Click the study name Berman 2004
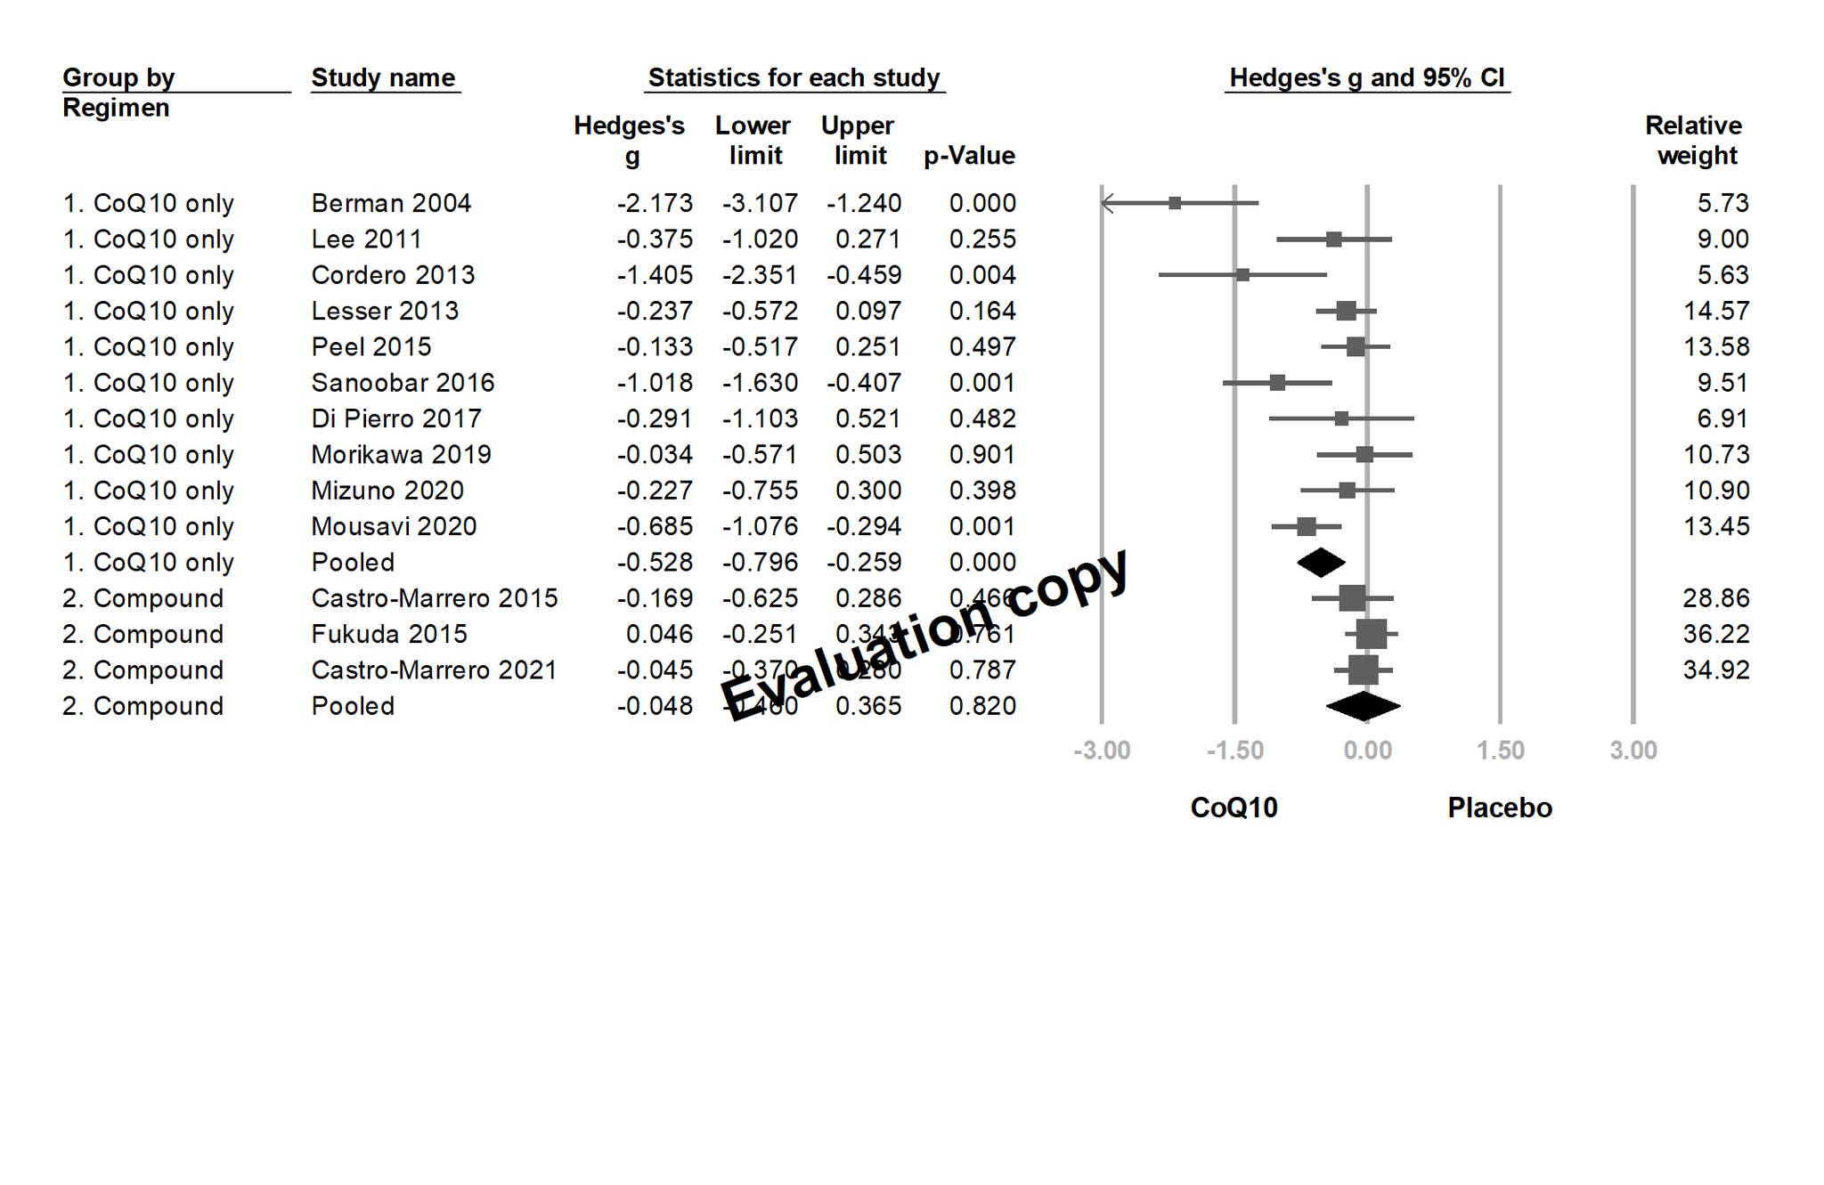pyautogui.click(x=391, y=203)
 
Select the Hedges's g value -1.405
pyautogui.click(x=655, y=275)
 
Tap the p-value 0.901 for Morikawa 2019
pyautogui.click(x=982, y=455)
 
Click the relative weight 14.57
pyautogui.click(x=1716, y=311)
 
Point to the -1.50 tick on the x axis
pyautogui.click(x=1235, y=751)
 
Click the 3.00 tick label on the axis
pyautogui.click(x=1633, y=751)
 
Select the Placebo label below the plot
pyautogui.click(x=1500, y=808)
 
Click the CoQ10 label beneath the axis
pyautogui.click(x=1234, y=808)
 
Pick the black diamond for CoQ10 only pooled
pyautogui.click(x=1321, y=563)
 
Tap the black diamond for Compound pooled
pyautogui.click(x=1363, y=706)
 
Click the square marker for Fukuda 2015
pyautogui.click(x=1372, y=634)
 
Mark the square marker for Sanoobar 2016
pyautogui.click(x=1277, y=383)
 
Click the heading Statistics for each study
pyautogui.click(x=794, y=77)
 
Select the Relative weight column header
pyautogui.click(x=1694, y=140)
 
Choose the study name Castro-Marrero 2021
pyautogui.click(x=434, y=670)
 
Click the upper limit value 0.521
pyautogui.click(x=867, y=418)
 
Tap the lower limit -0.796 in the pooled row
pyautogui.click(x=760, y=563)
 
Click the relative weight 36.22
pyautogui.click(x=1716, y=634)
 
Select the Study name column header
pyautogui.click(x=383, y=77)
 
